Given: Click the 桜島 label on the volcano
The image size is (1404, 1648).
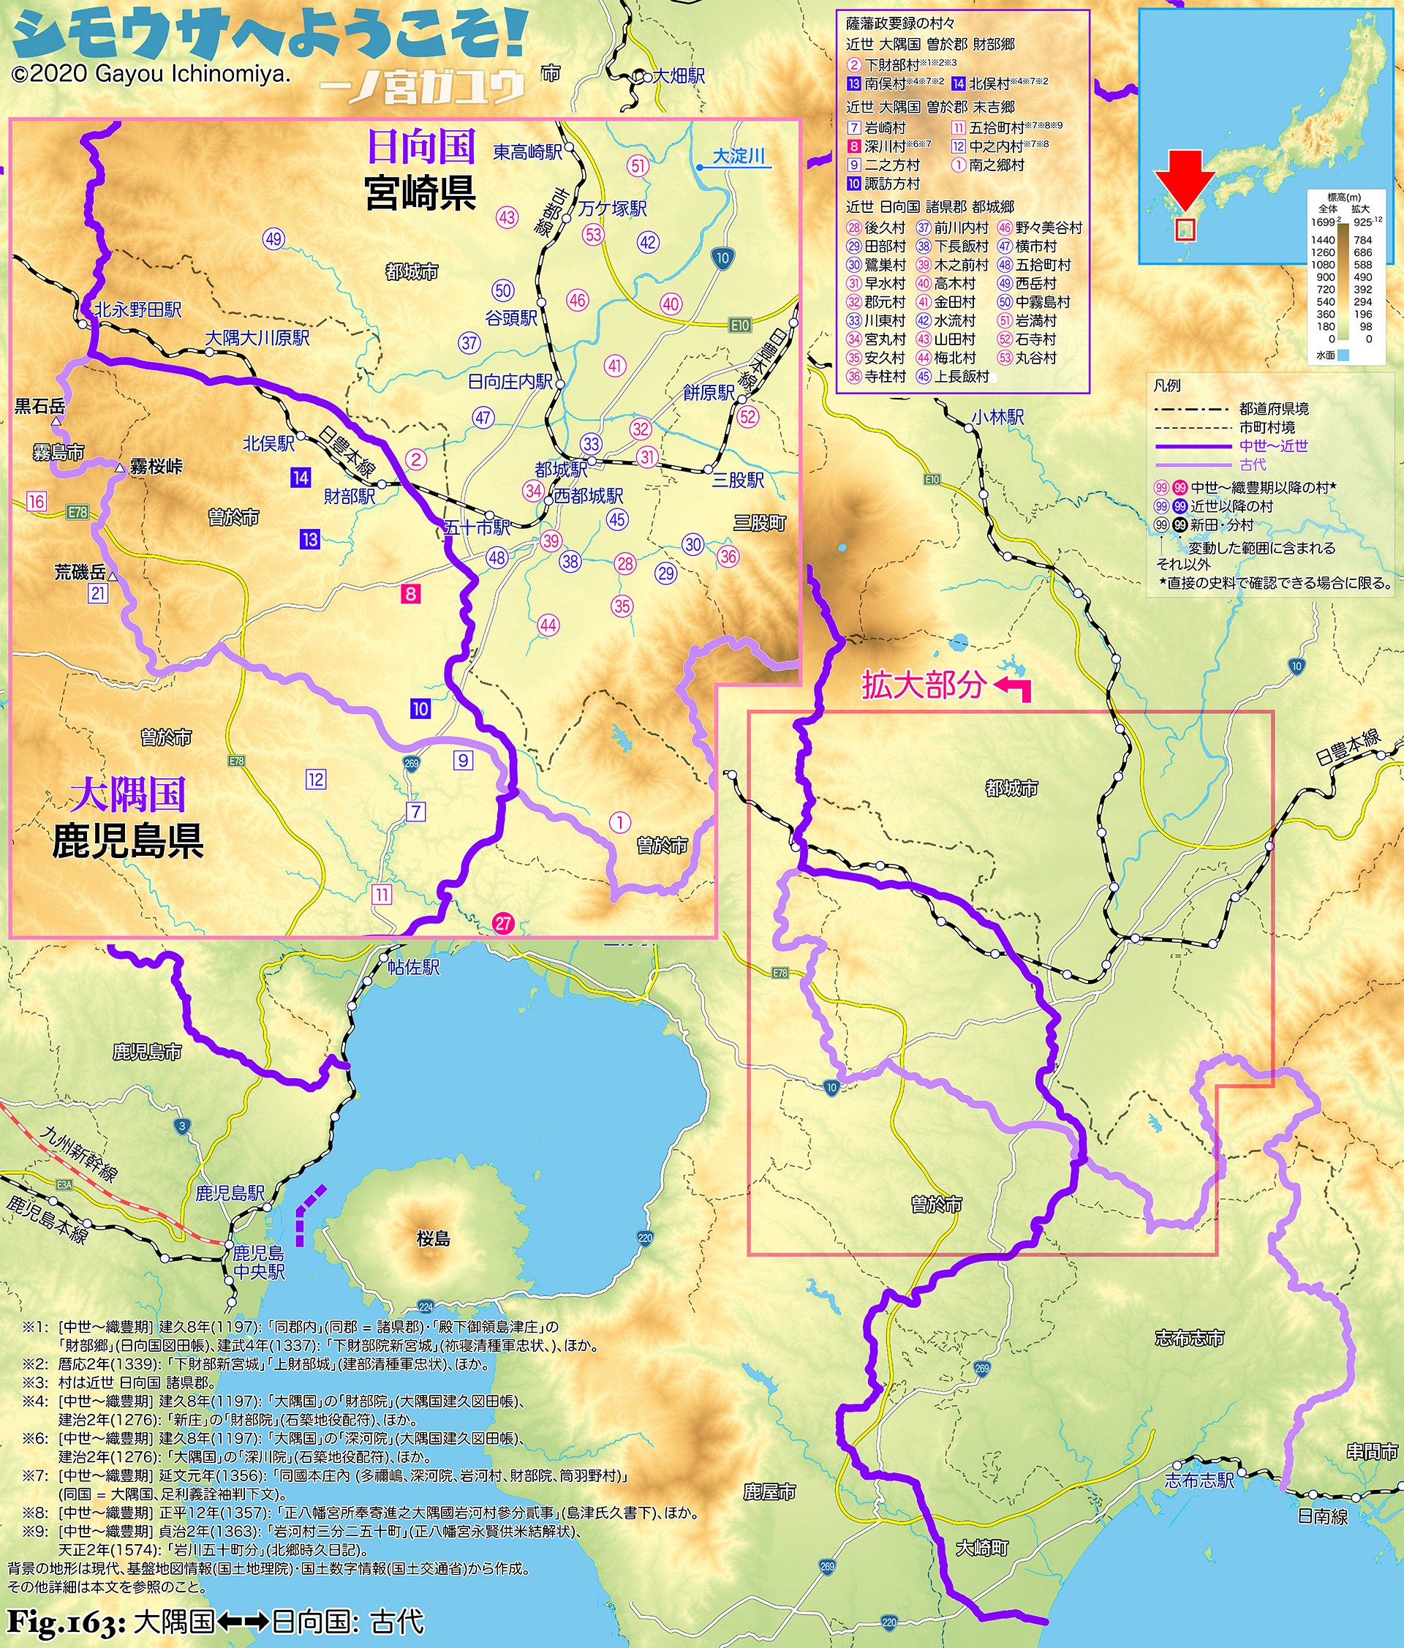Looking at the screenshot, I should [434, 1238].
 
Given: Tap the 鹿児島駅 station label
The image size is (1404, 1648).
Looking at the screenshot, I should [230, 1192].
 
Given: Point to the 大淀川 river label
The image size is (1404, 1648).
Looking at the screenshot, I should [739, 156].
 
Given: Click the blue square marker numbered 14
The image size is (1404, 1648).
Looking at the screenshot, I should [301, 477].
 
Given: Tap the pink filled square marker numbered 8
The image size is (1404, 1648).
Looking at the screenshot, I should [411, 593].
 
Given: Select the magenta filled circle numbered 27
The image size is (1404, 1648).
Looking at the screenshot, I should [503, 923].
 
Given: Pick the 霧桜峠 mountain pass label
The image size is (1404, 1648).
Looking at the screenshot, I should [156, 467].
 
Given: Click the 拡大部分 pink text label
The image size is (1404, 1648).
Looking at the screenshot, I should [924, 685].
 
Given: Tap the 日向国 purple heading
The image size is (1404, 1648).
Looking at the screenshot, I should [420, 146].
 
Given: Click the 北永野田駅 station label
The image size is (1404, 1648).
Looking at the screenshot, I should [138, 309].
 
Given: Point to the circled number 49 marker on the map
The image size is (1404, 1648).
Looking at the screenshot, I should [273, 238].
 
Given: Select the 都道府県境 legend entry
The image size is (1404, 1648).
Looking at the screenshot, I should [1273, 409].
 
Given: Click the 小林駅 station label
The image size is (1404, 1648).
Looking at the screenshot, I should [997, 417].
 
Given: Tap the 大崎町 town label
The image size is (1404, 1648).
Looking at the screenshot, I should [982, 1548].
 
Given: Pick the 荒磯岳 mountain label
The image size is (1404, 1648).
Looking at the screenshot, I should [80, 571].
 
